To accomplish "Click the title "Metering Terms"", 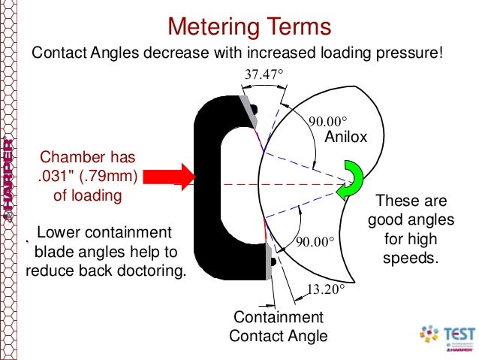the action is [x=249, y=26].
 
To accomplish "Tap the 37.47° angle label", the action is [x=264, y=74].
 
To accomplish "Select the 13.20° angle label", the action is [x=325, y=289].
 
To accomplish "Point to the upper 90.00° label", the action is [x=328, y=122].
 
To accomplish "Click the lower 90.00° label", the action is [x=315, y=242].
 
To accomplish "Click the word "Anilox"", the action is [x=345, y=137].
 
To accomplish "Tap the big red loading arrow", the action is [x=169, y=177].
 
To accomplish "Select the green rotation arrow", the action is [x=350, y=180].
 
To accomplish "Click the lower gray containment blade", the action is [x=269, y=262].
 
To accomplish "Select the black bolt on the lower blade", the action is [x=273, y=262].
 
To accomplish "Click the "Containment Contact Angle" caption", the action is [x=279, y=326].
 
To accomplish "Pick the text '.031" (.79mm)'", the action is [x=88, y=176].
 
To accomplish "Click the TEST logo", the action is [x=447, y=337].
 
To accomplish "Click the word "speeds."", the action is [x=411, y=258].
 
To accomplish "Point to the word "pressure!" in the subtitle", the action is [x=409, y=53].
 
